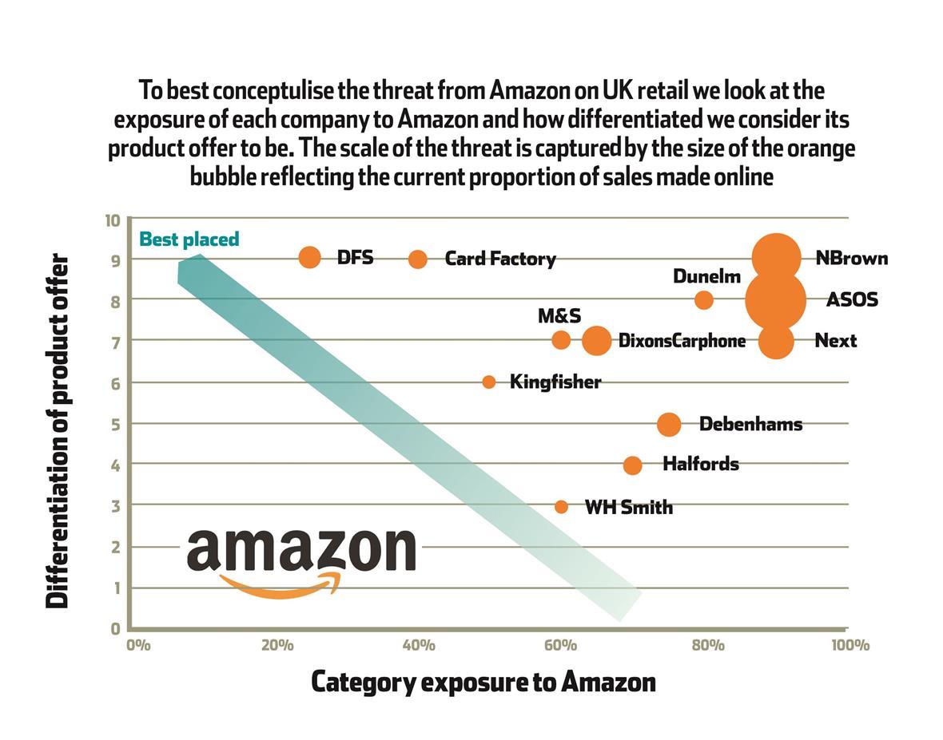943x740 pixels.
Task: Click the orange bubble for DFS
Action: [x=309, y=257]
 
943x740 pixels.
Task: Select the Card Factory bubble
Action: [x=417, y=259]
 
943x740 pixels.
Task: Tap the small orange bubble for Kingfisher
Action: [x=489, y=382]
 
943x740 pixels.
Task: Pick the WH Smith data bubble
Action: [x=561, y=507]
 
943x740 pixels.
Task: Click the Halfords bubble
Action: [x=632, y=465]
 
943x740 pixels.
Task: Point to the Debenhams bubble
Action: [x=669, y=425]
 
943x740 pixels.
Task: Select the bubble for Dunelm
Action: [x=703, y=300]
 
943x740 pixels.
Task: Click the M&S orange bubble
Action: [x=561, y=340]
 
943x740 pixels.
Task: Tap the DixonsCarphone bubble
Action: [x=596, y=341]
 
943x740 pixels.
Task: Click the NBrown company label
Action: [x=851, y=258]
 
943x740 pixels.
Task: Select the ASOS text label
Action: [x=852, y=299]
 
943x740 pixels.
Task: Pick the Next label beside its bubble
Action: [x=835, y=341]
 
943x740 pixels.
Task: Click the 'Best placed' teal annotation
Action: [x=189, y=239]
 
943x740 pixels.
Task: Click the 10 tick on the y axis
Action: [x=113, y=220]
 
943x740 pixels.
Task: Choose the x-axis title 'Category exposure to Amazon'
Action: [x=483, y=683]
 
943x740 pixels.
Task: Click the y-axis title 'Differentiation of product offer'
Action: [x=58, y=431]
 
